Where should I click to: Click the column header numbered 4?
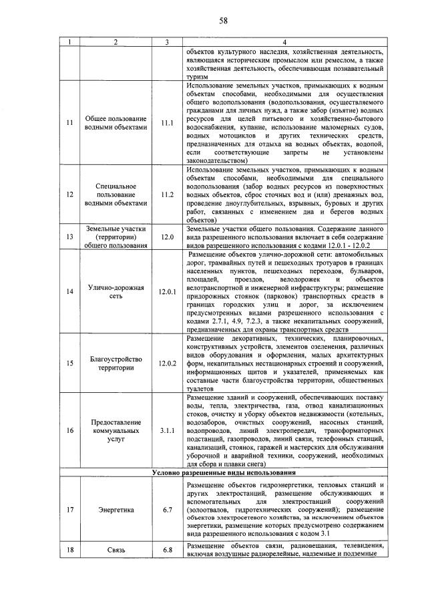(284, 43)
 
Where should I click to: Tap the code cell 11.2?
(167, 194)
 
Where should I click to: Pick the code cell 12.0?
(167, 236)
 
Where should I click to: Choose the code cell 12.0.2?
(167, 363)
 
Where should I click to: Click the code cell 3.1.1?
(167, 431)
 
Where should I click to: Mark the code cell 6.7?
(167, 510)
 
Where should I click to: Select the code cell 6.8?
(167, 550)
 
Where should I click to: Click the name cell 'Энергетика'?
(116, 510)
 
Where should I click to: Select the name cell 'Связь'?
(116, 550)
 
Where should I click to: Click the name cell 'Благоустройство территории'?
(116, 363)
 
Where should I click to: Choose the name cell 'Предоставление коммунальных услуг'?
(116, 431)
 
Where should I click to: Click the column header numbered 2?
(116, 43)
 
